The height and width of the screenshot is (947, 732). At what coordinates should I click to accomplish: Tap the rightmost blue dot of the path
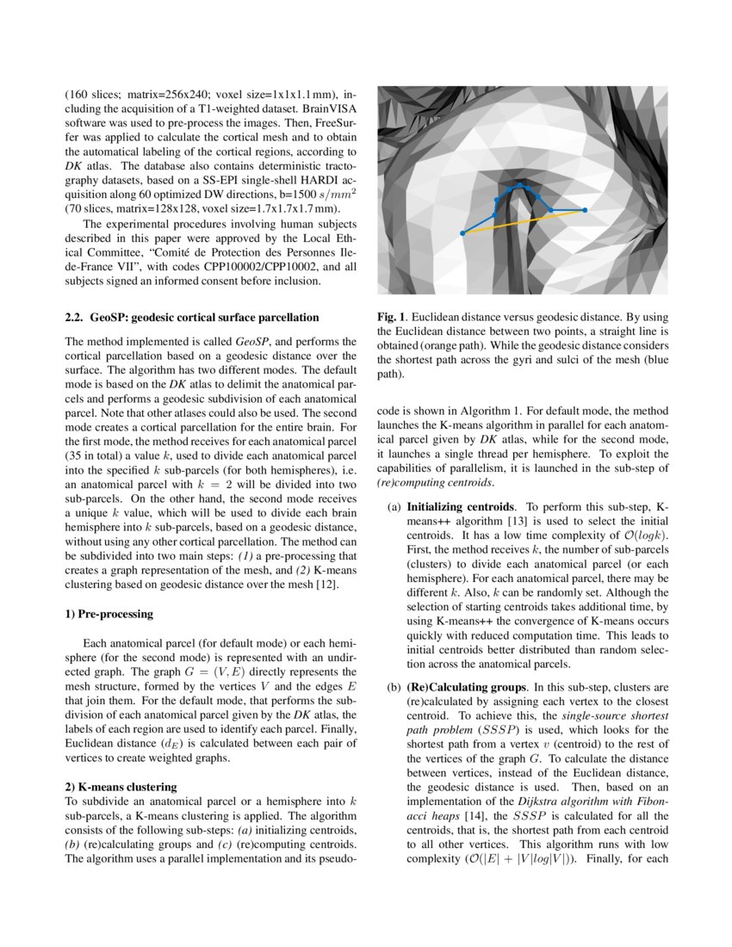pos(585,210)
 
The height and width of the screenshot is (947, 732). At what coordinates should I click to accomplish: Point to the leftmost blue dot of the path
pos(462,233)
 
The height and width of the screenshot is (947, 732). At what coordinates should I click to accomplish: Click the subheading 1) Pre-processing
pos(109,615)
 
